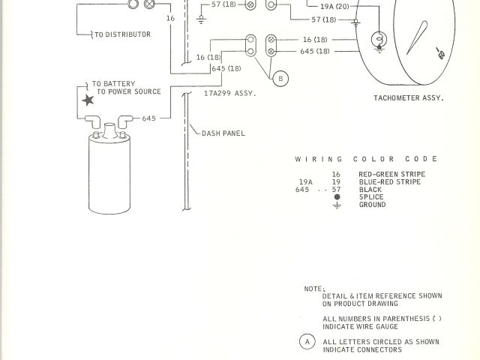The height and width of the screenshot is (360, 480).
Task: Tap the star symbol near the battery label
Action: [87, 99]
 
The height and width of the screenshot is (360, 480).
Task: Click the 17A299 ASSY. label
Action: [230, 94]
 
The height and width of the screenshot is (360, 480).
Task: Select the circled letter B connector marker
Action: [280, 78]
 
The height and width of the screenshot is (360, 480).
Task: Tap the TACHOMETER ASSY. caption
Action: [409, 98]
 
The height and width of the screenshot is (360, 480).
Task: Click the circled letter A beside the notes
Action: [307, 341]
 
